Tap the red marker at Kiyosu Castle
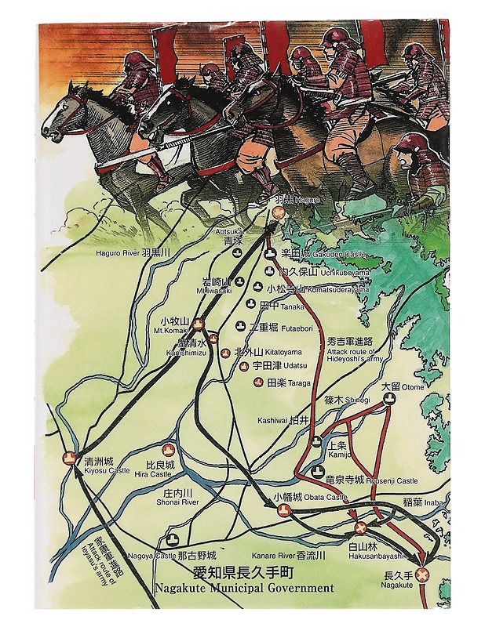(69, 458)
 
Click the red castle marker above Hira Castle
(168, 450)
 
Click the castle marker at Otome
(388, 399)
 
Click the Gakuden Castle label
(316, 254)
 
